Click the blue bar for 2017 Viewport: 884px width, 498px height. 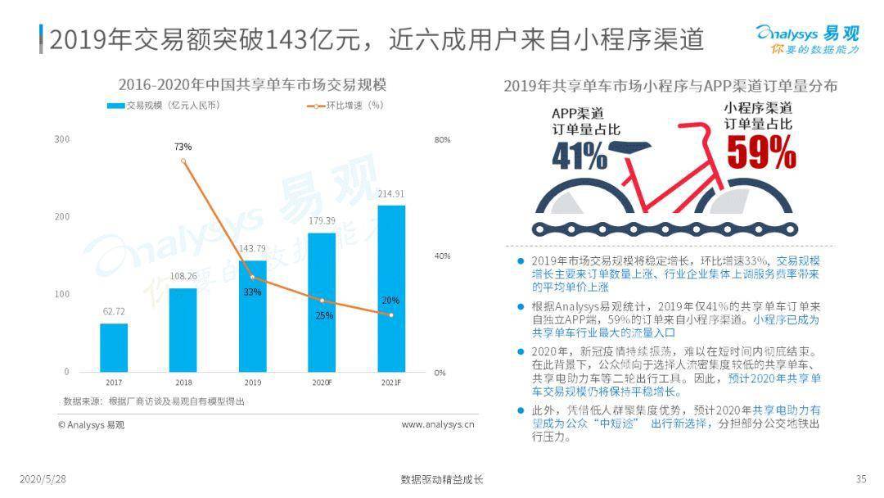(x=114, y=347)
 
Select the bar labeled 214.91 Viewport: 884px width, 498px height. (x=391, y=288)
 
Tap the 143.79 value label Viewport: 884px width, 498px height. (x=252, y=248)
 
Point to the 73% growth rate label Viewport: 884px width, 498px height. (x=183, y=147)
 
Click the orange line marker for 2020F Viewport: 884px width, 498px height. (x=322, y=301)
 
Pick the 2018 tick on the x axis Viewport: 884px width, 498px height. (x=183, y=383)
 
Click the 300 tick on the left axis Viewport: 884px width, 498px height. (x=62, y=139)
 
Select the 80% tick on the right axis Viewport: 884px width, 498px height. (x=442, y=139)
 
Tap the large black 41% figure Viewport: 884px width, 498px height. (x=580, y=156)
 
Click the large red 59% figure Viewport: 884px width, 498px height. (x=761, y=152)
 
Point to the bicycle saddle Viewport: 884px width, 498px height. (x=634, y=147)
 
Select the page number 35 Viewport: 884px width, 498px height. (x=860, y=479)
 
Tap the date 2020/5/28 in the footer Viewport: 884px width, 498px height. (x=42, y=479)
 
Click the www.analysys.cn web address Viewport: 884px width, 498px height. (x=437, y=424)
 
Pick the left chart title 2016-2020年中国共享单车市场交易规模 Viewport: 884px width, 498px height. (x=252, y=84)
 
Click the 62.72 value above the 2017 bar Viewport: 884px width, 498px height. (x=114, y=311)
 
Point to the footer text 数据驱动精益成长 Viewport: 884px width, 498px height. (x=441, y=479)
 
